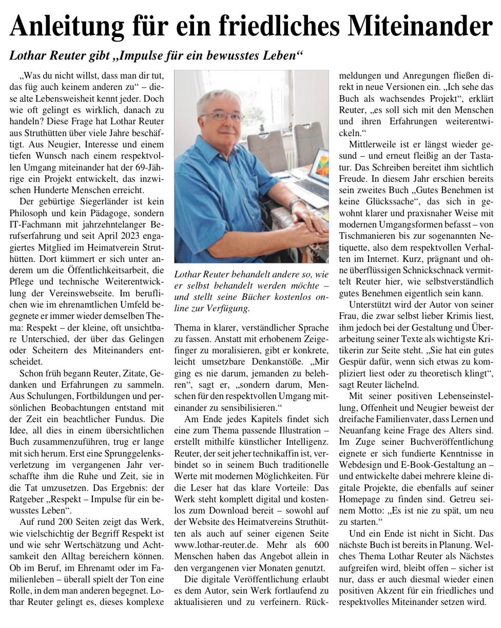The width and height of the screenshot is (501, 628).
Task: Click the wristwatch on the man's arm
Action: coord(296,204)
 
